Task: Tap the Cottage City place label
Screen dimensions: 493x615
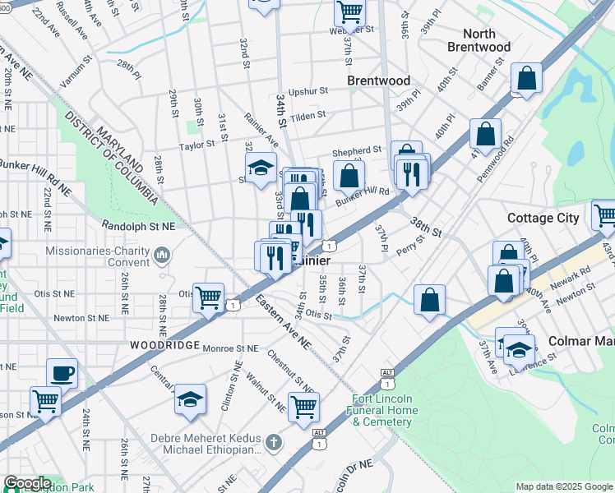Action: pos(543,218)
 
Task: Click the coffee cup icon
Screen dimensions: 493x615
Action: pos(62,372)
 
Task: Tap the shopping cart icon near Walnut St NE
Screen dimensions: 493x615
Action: pos(304,405)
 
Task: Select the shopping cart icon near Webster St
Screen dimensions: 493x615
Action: pos(349,12)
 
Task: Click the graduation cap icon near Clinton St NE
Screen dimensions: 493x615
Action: pos(190,399)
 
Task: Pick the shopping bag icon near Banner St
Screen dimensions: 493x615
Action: pos(526,79)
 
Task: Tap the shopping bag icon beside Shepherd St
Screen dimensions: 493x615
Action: pos(349,174)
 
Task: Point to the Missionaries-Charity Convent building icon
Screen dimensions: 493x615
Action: pos(161,257)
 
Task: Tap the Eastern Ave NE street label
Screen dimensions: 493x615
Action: pos(281,320)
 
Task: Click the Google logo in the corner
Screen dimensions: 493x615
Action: pos(26,483)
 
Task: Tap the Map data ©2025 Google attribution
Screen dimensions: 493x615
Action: pos(563,486)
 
